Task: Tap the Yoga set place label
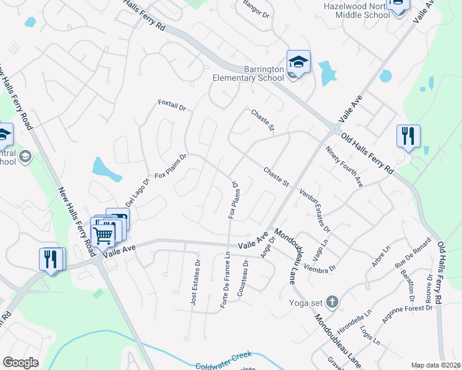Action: pos(306,303)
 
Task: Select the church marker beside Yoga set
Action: pos(332,302)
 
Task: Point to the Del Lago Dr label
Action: pos(138,193)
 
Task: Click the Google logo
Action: pos(20,363)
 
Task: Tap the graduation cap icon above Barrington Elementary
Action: pos(298,62)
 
